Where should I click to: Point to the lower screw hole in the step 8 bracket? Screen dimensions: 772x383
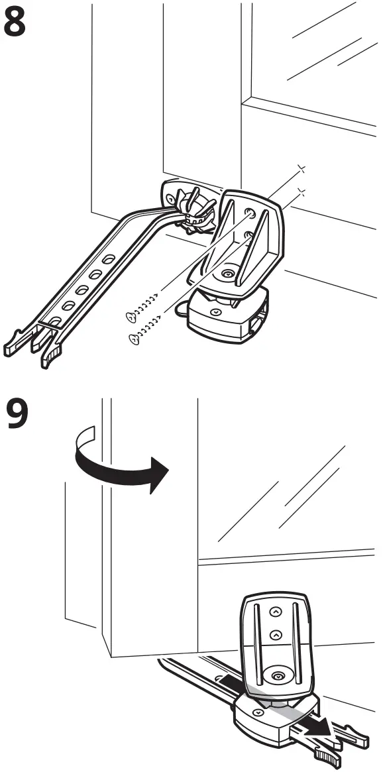pos(246,235)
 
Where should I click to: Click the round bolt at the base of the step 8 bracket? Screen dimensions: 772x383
pos(229,272)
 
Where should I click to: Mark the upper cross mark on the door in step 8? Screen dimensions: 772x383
pos(301,170)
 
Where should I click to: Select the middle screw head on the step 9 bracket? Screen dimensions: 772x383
pos(275,635)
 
